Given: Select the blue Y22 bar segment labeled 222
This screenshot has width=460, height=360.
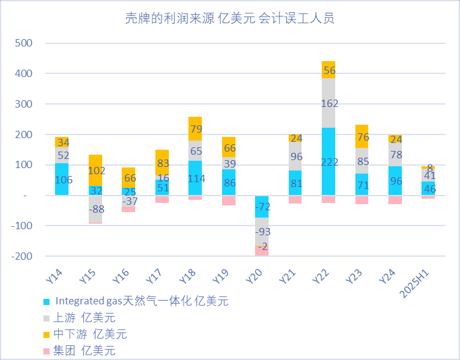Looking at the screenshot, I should [328, 161].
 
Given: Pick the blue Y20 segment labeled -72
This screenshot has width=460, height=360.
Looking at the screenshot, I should [262, 207].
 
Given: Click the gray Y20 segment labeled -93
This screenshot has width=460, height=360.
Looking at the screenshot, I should [262, 232].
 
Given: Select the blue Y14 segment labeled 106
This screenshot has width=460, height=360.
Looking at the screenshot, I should [62, 179].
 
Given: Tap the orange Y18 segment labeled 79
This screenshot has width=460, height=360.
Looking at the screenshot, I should [195, 128].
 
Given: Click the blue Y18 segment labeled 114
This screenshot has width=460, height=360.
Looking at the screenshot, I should [195, 178].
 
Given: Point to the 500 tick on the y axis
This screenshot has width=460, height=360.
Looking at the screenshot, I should [24, 43].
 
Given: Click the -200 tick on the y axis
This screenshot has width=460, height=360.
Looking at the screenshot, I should [21, 256].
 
